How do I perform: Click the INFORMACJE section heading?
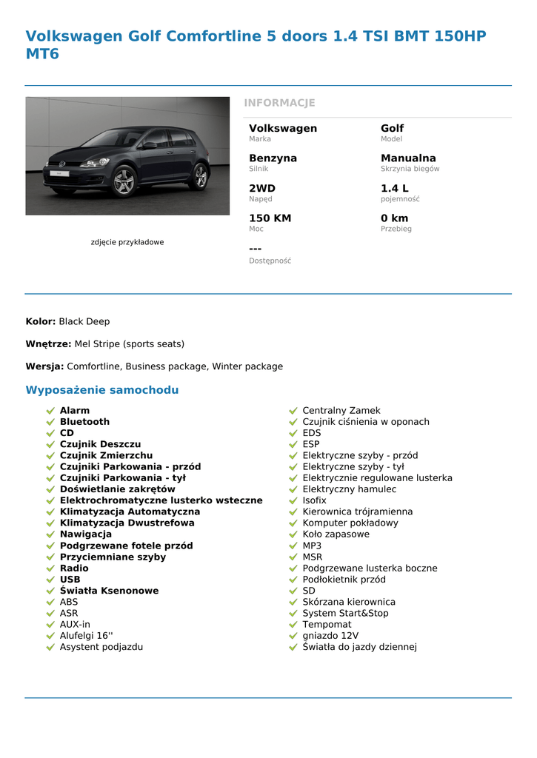point(279,103)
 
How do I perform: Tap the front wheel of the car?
point(124,181)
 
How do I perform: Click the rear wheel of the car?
point(199,175)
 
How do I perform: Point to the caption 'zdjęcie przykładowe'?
point(127,242)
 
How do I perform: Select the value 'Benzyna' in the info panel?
point(273,158)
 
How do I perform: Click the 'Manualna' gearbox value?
point(408,158)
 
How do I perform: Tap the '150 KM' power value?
point(270,218)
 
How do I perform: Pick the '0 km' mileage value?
point(394,218)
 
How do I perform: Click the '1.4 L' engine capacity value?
point(394,189)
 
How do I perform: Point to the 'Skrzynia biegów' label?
point(410,169)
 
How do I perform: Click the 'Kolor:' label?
point(41,321)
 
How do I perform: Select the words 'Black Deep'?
point(84,321)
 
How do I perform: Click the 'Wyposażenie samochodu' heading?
point(102,390)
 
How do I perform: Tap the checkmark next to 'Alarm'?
point(50,411)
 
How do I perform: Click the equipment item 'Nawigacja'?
point(86,534)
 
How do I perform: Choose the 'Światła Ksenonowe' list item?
point(109,591)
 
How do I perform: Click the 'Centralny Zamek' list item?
point(341,410)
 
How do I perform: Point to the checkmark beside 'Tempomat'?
point(293,625)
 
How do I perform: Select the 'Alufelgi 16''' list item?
point(86,636)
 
